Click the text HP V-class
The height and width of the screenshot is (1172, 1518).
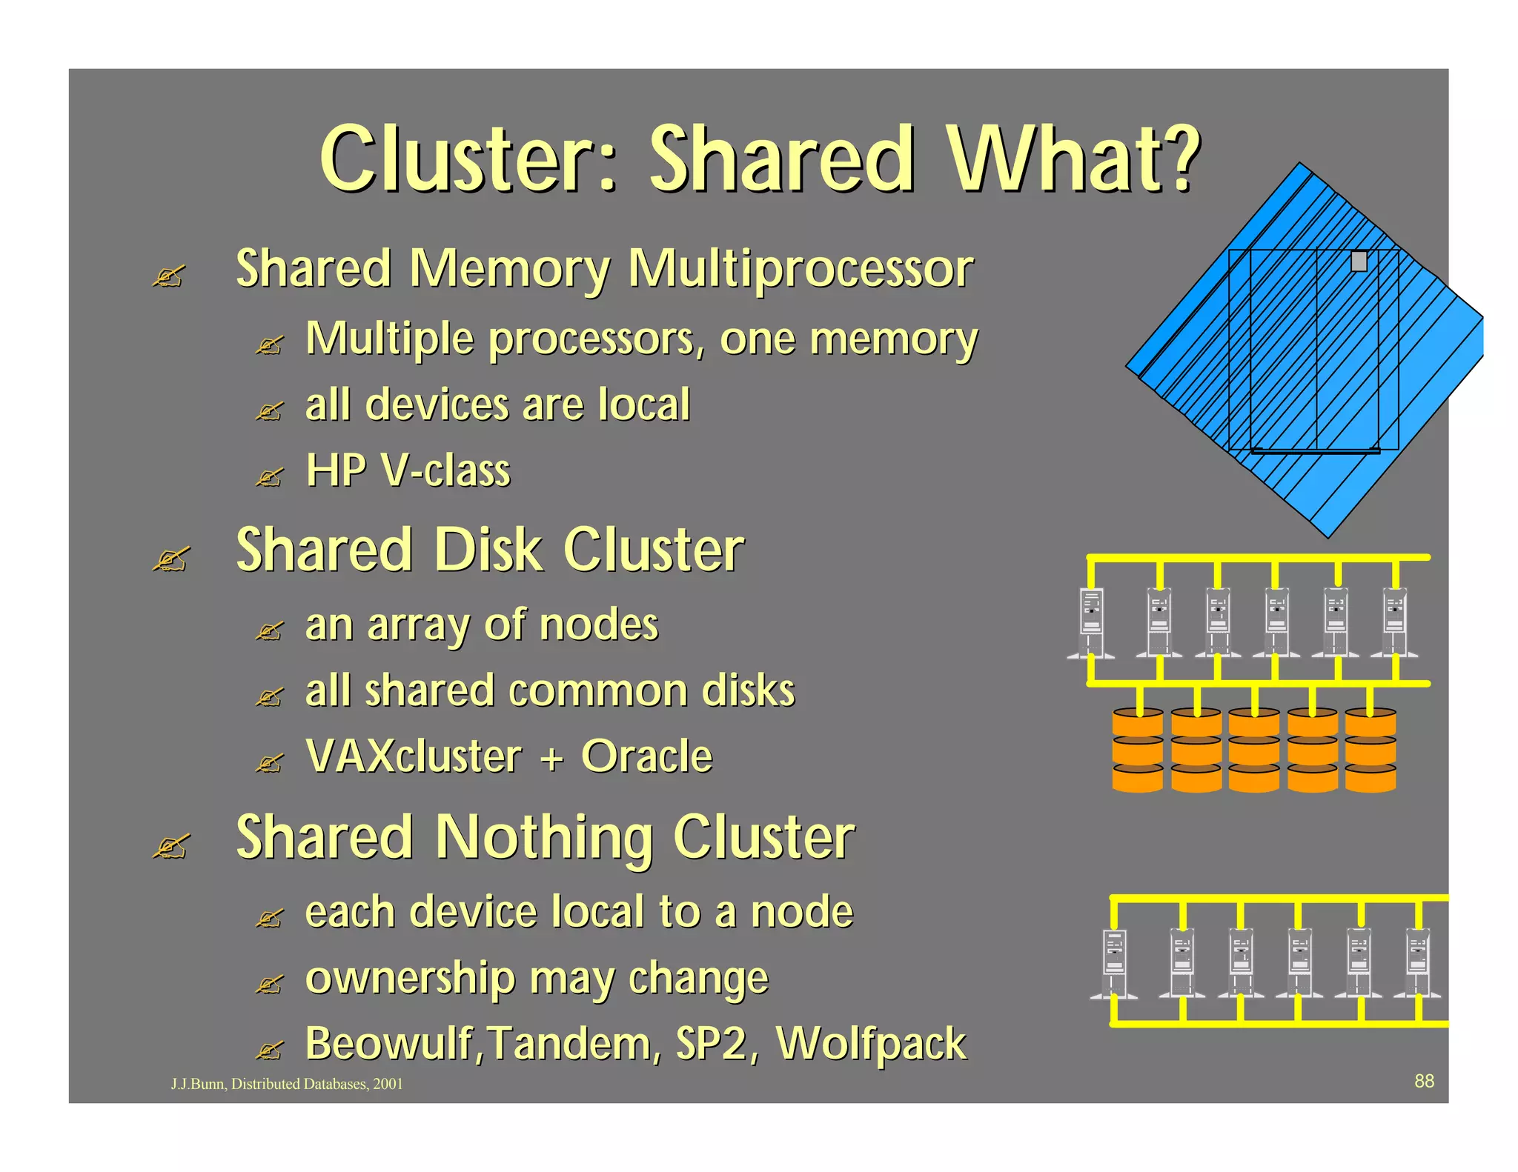(x=408, y=470)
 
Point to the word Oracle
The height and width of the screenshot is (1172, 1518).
(x=646, y=756)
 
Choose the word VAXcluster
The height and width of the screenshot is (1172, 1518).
(x=414, y=756)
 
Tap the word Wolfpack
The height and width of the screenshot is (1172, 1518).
(x=871, y=1045)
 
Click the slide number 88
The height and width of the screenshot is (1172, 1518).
(x=1424, y=1081)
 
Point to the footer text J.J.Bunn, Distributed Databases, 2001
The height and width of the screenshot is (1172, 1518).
(x=287, y=1084)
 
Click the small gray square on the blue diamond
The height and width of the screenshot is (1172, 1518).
(x=1359, y=262)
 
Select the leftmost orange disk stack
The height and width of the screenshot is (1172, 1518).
(x=1138, y=750)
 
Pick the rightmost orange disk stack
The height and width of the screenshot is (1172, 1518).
(x=1370, y=750)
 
